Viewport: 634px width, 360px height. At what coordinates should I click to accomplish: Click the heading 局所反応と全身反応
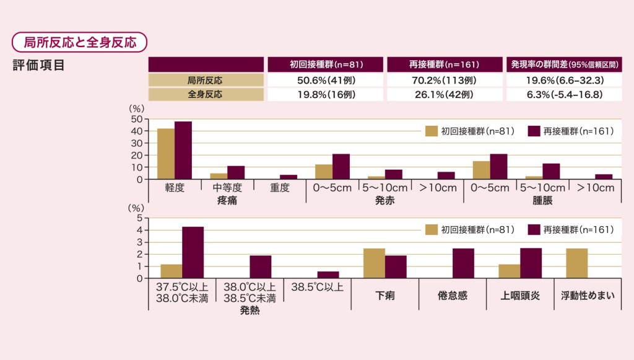(80, 42)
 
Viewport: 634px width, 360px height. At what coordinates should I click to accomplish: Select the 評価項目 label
(38, 65)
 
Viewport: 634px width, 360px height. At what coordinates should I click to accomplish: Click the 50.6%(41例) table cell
(326, 81)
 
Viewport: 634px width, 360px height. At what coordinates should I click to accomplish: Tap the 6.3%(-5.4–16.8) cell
(563, 94)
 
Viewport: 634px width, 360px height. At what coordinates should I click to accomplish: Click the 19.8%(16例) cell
(326, 94)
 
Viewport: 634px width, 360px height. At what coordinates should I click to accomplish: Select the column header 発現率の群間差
(563, 64)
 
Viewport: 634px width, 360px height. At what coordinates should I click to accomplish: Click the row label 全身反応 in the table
(206, 94)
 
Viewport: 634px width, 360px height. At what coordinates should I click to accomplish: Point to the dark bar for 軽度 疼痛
(183, 151)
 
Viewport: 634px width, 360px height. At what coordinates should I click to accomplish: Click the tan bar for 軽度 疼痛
(166, 154)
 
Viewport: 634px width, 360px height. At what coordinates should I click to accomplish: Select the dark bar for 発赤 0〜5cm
(341, 167)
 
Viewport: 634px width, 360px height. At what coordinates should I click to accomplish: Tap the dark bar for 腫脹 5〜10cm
(551, 172)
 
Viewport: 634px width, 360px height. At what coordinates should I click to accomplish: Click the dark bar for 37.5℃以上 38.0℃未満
(193, 253)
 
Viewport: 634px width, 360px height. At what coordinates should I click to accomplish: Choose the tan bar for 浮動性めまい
(576, 263)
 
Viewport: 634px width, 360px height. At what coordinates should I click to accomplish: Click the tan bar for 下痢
(374, 263)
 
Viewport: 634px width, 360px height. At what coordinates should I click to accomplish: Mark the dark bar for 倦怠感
(463, 263)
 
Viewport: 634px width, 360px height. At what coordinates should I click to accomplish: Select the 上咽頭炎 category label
(520, 296)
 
